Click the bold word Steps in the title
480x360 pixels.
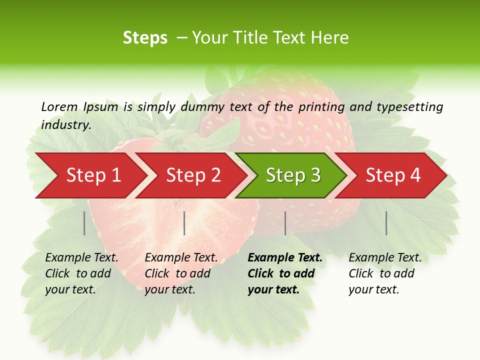coord(145,38)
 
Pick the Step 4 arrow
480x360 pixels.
coord(393,175)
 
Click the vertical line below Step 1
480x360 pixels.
coord(84,223)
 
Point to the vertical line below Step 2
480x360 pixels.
coord(184,223)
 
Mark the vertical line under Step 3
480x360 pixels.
coord(285,223)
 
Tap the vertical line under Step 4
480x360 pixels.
coord(386,223)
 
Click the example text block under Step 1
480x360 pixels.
coord(81,273)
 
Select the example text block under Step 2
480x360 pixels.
coord(181,273)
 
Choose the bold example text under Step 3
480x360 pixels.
coord(285,273)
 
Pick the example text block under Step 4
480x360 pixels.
coord(385,273)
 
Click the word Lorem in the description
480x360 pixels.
coord(59,106)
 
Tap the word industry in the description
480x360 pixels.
coord(66,125)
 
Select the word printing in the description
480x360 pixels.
coord(321,107)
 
